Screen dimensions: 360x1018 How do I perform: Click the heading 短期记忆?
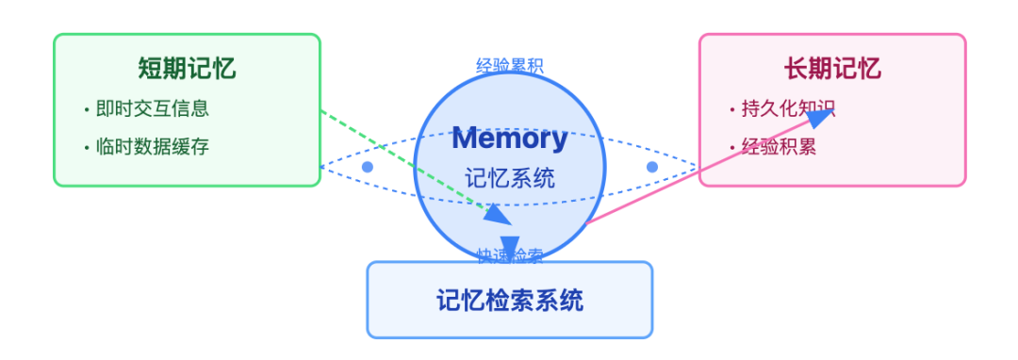[187, 69]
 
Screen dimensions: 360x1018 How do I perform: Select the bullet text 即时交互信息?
[152, 108]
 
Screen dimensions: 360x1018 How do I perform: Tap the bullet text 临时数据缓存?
[152, 147]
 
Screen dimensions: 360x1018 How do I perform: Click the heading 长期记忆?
[832, 69]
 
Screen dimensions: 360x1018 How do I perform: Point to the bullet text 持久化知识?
[788, 108]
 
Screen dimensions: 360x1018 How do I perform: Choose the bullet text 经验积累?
[779, 147]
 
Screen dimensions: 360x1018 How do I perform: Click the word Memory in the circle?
[509, 138]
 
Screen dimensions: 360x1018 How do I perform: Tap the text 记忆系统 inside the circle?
[509, 177]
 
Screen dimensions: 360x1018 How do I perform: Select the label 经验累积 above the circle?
[509, 66]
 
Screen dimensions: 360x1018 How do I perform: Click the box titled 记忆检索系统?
[509, 300]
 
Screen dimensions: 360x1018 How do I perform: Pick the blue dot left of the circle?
[368, 167]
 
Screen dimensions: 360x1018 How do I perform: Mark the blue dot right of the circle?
[651, 167]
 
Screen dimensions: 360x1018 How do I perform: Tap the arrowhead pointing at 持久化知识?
[821, 116]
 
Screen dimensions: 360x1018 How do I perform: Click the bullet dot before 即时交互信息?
[86, 109]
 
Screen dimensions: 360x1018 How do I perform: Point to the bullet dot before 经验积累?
[731, 148]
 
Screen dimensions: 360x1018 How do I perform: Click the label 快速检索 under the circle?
[509, 255]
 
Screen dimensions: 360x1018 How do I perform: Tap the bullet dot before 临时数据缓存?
[86, 148]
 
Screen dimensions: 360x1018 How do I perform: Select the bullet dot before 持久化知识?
[731, 109]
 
